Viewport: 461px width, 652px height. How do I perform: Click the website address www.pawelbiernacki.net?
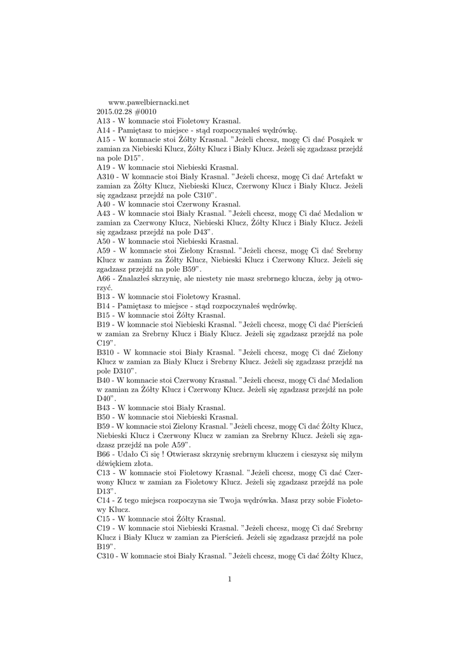(x=150, y=102)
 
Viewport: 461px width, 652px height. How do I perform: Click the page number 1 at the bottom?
(x=230, y=578)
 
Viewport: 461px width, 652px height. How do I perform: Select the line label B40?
(x=104, y=379)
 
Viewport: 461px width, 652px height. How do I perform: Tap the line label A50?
(x=104, y=241)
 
